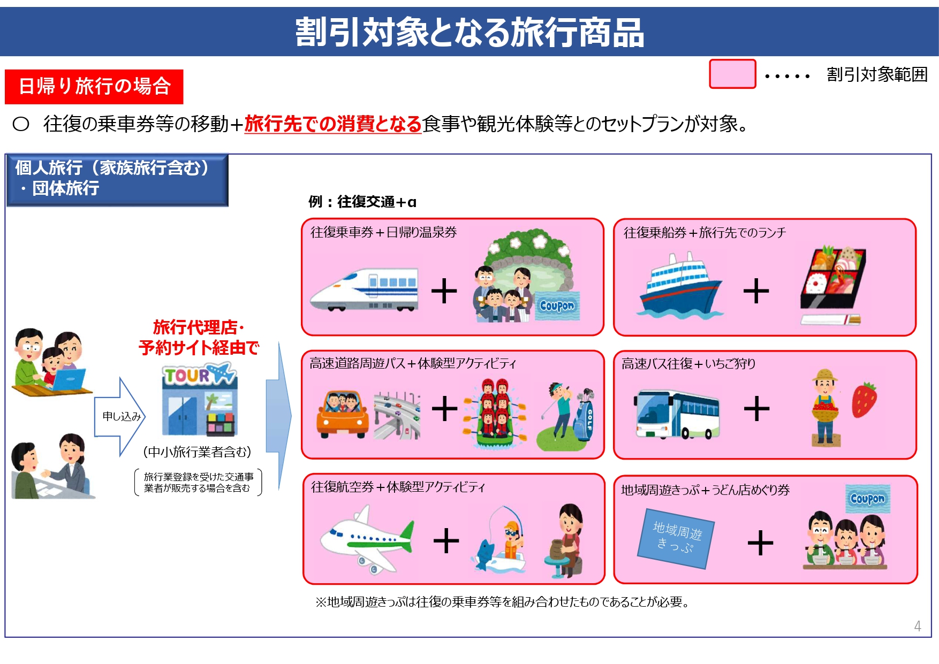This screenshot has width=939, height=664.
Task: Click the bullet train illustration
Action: (x=364, y=289)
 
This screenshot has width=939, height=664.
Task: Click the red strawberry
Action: (x=864, y=400)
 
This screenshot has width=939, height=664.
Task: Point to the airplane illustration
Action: (x=367, y=540)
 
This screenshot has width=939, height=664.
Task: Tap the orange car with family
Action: (x=343, y=414)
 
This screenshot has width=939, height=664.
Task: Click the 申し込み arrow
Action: (x=120, y=416)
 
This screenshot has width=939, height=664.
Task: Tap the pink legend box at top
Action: (x=732, y=74)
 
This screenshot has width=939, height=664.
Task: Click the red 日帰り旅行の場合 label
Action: (x=94, y=86)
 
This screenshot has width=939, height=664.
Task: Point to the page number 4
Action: (x=918, y=626)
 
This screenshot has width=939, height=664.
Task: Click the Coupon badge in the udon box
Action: (x=867, y=498)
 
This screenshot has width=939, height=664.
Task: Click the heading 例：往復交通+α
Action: (x=362, y=202)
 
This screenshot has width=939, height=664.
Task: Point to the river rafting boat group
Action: (x=495, y=415)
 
